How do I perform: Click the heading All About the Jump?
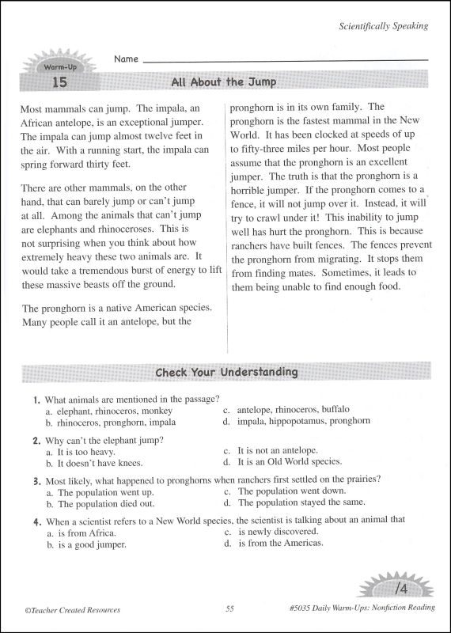pyautogui.click(x=224, y=82)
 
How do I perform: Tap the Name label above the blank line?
pyautogui.click(x=126, y=59)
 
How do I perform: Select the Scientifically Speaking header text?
pyautogui.click(x=383, y=25)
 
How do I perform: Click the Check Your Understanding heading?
pyautogui.click(x=226, y=372)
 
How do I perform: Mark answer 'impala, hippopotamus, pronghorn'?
pyautogui.click(x=303, y=421)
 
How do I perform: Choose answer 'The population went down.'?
pyautogui.click(x=291, y=491)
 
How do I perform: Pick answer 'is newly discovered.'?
pyautogui.click(x=278, y=531)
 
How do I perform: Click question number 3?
pyautogui.click(x=37, y=480)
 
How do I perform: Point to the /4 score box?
pyautogui.click(x=401, y=589)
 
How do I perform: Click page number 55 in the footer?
pyautogui.click(x=229, y=609)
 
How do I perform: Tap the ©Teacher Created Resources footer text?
pyautogui.click(x=74, y=609)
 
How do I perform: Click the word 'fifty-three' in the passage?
pyautogui.click(x=270, y=148)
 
